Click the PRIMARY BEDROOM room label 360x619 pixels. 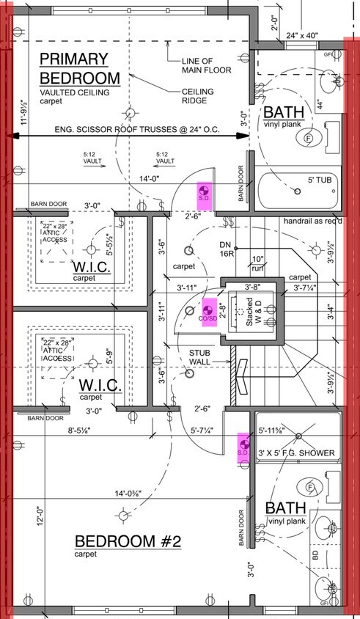(x=79, y=68)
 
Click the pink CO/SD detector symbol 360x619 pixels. (x=208, y=311)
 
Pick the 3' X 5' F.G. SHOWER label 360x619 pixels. (x=297, y=453)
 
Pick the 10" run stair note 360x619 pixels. (x=258, y=263)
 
